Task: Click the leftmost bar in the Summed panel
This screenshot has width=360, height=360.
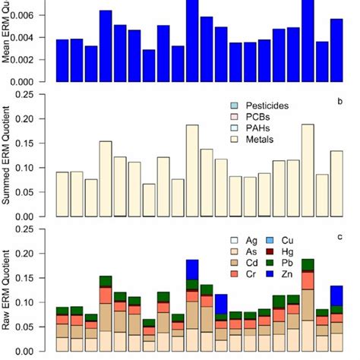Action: click(62, 194)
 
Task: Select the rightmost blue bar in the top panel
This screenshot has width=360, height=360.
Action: click(336, 50)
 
